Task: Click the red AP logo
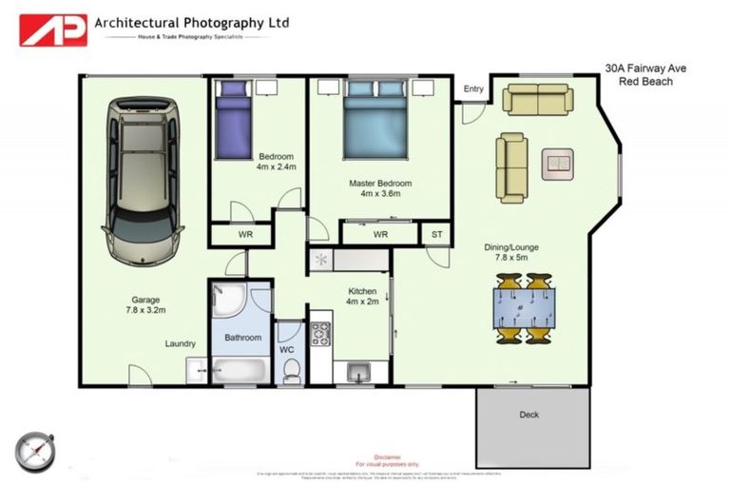coord(53,29)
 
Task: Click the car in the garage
coord(143,176)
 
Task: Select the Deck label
coord(528,415)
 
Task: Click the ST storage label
coord(437,233)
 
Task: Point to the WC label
coord(287,349)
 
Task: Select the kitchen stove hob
coord(319,335)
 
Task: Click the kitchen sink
coord(358,370)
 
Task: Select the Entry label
coord(473,89)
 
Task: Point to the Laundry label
coord(180,343)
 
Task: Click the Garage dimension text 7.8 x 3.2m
coord(145,310)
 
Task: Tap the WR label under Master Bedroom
coord(380,234)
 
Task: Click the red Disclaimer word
coord(388,457)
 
